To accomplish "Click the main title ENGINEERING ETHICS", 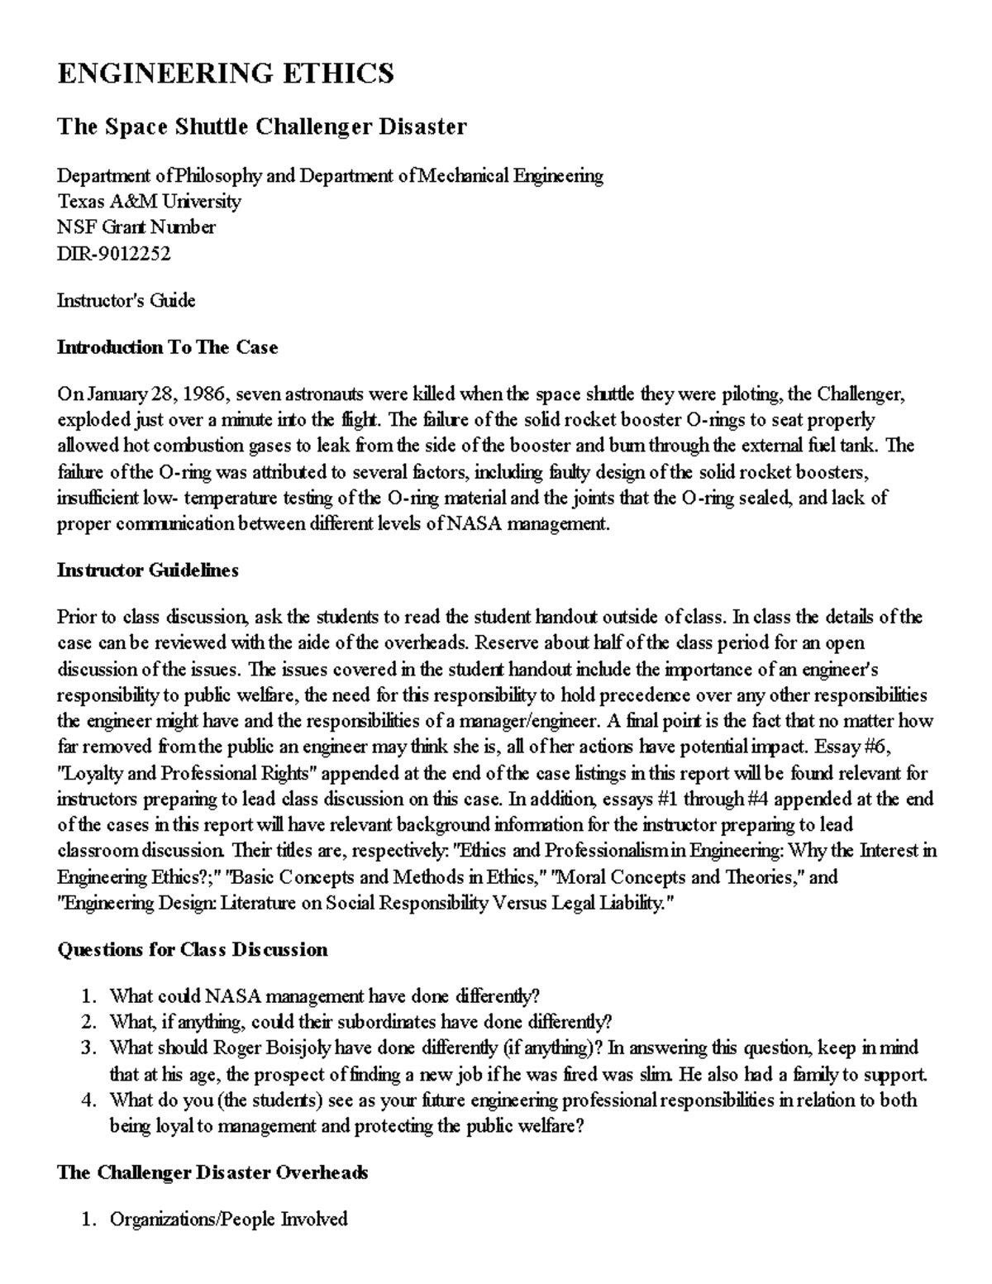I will [225, 74].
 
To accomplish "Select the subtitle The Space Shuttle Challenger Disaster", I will [261, 126].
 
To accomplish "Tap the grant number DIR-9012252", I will [113, 254].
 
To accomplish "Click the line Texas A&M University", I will [149, 202].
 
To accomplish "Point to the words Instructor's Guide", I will [126, 300].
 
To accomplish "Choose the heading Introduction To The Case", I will [167, 347].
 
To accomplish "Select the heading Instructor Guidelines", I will [147, 570].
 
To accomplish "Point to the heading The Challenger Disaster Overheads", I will [212, 1172].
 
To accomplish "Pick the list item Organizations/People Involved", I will [229, 1219].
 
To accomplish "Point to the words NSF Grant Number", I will [136, 227].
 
